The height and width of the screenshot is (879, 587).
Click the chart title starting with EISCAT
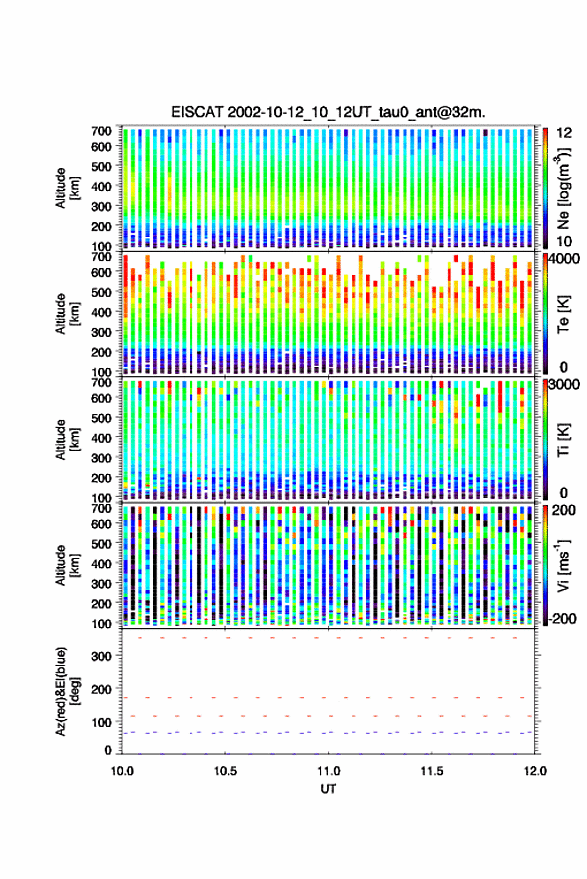(x=328, y=112)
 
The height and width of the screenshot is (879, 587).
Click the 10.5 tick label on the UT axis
(x=225, y=771)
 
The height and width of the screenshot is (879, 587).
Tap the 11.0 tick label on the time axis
(x=328, y=771)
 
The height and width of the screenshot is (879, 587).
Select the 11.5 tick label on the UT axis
(x=431, y=771)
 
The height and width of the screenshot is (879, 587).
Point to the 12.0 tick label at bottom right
(x=535, y=771)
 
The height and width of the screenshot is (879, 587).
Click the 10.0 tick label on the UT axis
(x=122, y=771)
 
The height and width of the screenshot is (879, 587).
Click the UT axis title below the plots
(x=328, y=789)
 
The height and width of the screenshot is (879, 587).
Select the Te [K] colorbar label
(x=564, y=314)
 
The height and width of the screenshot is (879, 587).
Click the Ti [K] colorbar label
(x=564, y=440)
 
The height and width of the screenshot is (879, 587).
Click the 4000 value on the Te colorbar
(x=565, y=260)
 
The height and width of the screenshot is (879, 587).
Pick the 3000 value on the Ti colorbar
(x=565, y=385)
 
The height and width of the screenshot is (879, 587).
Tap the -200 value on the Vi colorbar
(x=562, y=618)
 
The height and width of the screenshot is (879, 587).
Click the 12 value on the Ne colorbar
(x=565, y=133)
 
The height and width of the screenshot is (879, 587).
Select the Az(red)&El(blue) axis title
(x=67, y=691)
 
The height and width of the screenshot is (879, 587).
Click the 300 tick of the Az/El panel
(x=101, y=656)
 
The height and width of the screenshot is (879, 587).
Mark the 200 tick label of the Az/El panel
(x=101, y=689)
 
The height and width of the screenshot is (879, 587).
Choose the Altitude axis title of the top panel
(x=67, y=188)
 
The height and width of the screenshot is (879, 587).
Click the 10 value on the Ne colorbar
(x=565, y=242)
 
